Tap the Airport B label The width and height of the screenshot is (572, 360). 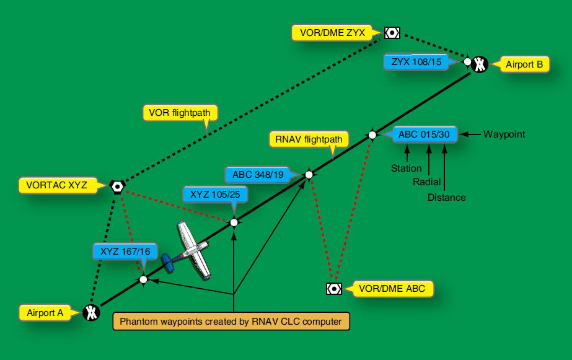point(524,64)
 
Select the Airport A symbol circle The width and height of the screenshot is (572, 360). point(91,313)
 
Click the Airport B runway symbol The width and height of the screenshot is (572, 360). point(480,64)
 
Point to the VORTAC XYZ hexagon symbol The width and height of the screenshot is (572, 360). point(117,185)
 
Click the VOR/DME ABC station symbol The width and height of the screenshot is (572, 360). point(333,288)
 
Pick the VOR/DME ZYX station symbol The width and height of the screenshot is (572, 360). point(392,32)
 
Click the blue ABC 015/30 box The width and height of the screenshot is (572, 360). point(425,134)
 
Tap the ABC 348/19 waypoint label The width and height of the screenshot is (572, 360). point(258,174)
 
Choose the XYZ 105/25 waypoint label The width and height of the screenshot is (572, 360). point(216,194)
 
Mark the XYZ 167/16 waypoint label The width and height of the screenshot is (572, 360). point(125,251)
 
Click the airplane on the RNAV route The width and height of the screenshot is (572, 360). point(189,250)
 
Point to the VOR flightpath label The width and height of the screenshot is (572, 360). point(180,112)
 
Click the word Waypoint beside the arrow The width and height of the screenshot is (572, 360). point(504,134)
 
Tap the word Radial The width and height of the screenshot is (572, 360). point(427,182)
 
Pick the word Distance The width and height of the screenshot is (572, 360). point(446,198)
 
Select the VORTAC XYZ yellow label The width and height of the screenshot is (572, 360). point(57,185)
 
